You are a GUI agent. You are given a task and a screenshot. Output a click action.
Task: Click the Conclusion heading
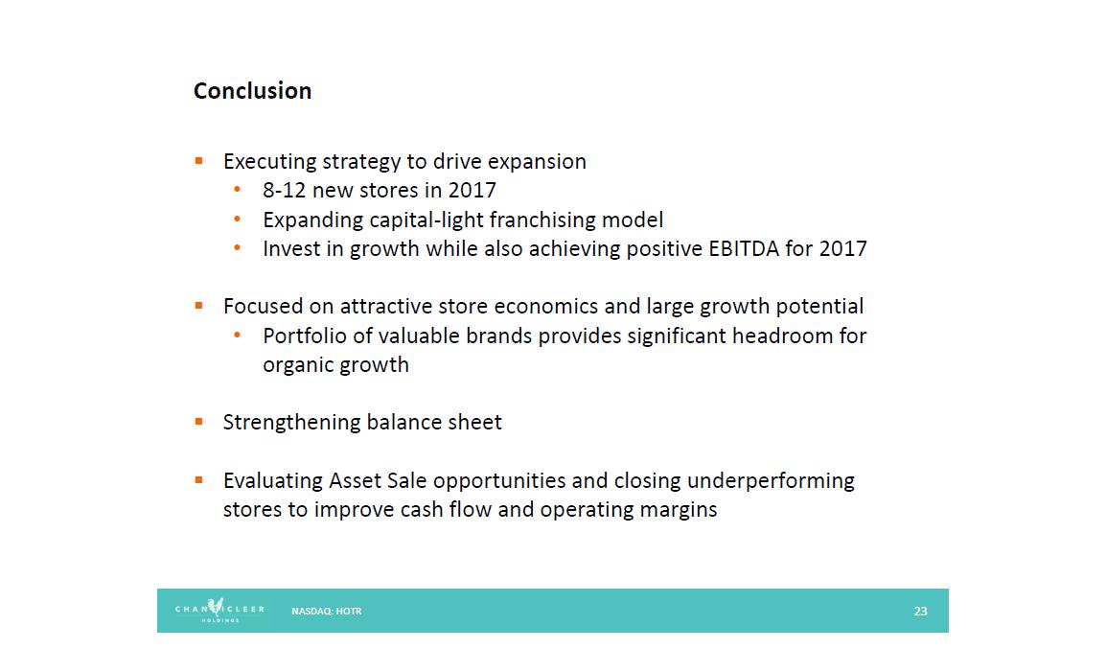[252, 91]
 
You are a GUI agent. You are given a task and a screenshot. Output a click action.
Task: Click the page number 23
[920, 612]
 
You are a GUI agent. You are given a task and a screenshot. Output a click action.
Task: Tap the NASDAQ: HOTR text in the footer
[327, 612]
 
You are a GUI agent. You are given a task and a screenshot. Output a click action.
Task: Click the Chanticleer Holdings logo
[219, 610]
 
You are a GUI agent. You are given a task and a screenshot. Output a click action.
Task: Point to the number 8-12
[285, 190]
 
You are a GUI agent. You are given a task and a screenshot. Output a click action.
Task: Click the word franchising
[542, 220]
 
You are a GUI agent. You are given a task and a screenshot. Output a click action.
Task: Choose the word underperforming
[771, 480]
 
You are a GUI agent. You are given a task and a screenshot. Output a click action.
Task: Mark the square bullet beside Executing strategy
[199, 162]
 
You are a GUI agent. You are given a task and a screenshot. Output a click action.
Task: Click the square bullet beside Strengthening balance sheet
[199, 422]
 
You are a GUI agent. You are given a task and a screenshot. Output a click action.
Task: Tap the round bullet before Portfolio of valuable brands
[237, 336]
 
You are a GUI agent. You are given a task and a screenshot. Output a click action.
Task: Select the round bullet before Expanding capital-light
[237, 220]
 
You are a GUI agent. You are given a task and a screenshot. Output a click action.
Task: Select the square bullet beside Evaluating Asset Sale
[199, 480]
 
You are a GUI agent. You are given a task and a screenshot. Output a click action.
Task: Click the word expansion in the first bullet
[537, 162]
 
